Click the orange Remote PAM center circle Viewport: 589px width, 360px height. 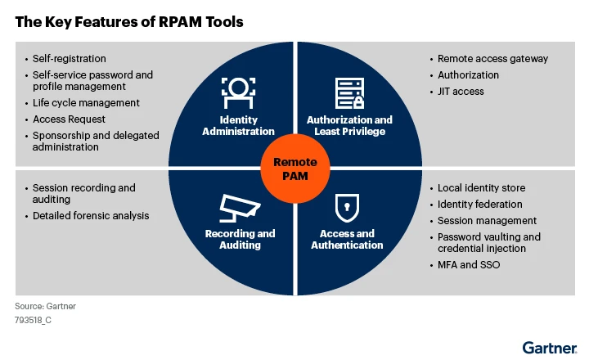294,168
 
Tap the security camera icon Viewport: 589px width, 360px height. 239,209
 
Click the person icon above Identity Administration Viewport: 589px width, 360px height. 239,93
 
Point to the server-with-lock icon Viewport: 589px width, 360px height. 349,93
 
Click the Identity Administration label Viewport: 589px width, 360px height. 239,125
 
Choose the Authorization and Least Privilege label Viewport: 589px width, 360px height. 349,125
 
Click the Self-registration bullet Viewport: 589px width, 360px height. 70,59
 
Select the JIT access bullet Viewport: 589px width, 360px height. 461,92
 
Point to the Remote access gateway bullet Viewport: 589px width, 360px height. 492,59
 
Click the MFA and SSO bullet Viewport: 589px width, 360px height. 469,265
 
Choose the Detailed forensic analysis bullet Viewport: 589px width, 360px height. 91,215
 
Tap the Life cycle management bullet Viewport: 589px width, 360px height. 86,103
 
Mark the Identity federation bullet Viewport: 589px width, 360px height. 479,205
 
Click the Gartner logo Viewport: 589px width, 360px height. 550,346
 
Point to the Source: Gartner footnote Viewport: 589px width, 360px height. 45,306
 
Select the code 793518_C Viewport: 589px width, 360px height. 34,320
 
